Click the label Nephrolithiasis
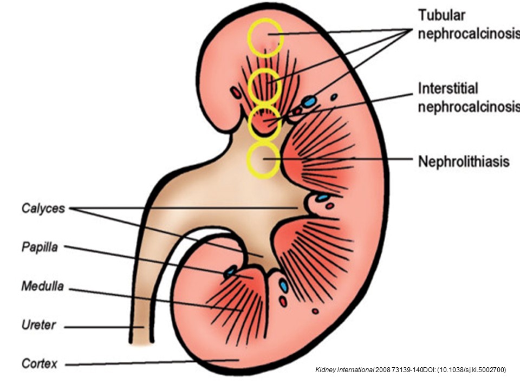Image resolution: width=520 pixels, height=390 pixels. click(x=464, y=161)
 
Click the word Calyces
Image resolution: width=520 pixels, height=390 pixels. click(x=43, y=208)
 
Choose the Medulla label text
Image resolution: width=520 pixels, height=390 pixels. click(x=42, y=287)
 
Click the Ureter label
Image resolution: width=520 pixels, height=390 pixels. click(x=37, y=326)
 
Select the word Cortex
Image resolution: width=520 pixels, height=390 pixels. click(x=39, y=363)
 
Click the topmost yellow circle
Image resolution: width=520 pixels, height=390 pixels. click(x=265, y=37)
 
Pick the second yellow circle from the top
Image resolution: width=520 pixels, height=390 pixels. click(x=265, y=86)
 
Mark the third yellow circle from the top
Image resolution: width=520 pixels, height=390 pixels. click(x=264, y=123)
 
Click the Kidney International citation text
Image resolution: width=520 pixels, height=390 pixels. click(x=410, y=370)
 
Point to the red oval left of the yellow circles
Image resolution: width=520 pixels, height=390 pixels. click(x=236, y=93)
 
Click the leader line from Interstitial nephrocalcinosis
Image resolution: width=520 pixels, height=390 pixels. click(x=347, y=106)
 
